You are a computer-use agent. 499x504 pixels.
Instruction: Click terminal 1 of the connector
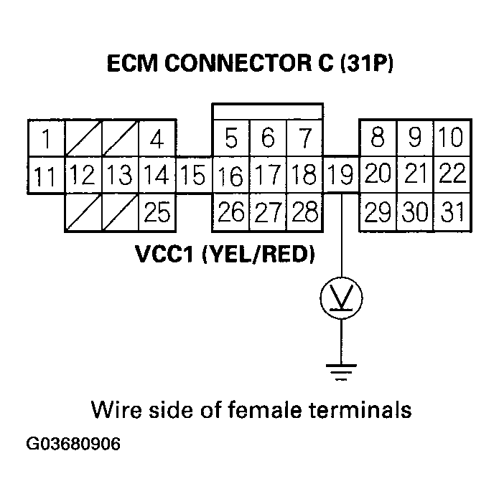point(45,138)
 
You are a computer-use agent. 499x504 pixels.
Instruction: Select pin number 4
point(157,138)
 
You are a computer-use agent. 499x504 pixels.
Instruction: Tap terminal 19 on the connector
point(341,175)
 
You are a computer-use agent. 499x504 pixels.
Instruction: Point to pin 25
point(157,213)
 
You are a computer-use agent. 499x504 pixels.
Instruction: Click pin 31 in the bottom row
point(452,213)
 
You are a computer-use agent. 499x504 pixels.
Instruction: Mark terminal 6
point(268,137)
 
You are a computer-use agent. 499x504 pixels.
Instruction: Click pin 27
point(268,213)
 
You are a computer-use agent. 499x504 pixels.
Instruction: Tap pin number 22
point(452,174)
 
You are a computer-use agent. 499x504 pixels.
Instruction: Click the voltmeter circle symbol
point(341,298)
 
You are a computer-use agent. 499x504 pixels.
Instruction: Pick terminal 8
point(378,137)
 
